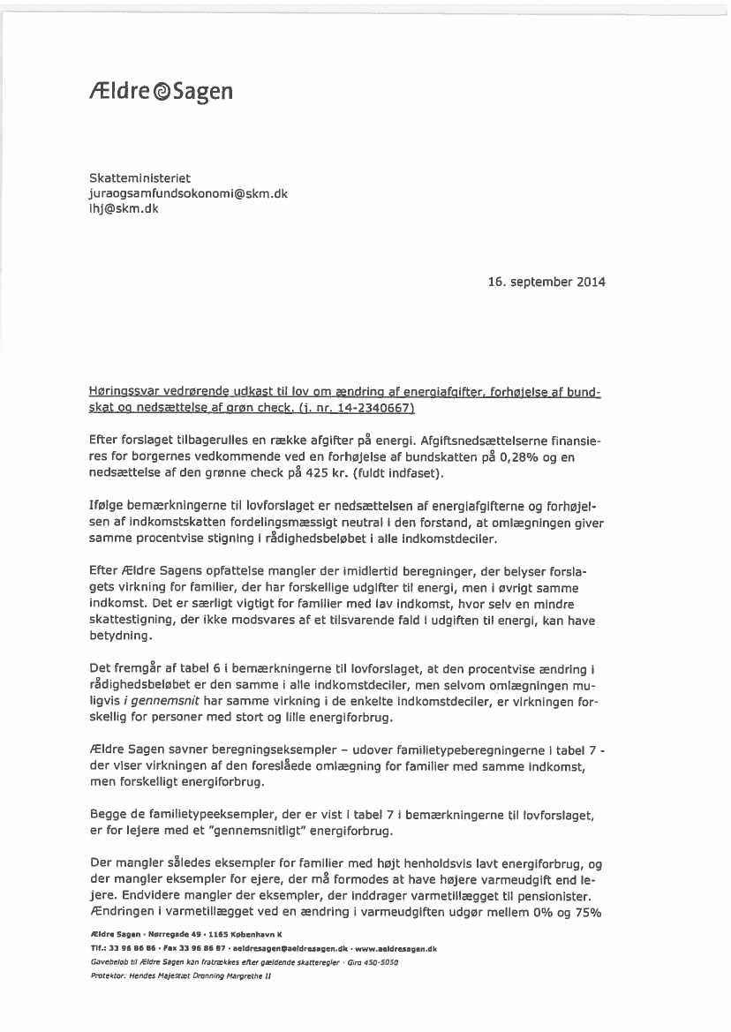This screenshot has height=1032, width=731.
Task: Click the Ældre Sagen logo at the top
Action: tap(162, 91)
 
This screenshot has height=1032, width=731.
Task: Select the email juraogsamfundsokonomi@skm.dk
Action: tap(188, 193)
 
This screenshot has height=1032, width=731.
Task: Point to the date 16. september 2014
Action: tap(546, 282)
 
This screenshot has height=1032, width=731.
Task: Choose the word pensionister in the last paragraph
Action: tap(549, 895)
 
